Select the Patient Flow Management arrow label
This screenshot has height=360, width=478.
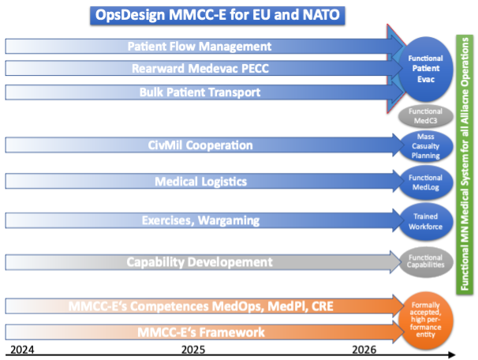200,47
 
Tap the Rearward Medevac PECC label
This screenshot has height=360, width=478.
200,69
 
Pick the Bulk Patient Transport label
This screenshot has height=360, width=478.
200,92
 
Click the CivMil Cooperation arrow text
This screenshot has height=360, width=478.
200,145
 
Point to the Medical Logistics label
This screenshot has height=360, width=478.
200,182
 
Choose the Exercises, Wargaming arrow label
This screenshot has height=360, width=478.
200,219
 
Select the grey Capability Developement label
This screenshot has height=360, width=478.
200,261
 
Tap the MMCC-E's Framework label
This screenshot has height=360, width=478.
200,332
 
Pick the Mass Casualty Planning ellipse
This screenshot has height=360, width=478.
426,145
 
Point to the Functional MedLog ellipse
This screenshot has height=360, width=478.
426,182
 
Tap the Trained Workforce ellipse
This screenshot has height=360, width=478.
426,219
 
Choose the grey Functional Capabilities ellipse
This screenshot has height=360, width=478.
426,261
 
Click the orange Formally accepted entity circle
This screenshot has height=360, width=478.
426,318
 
